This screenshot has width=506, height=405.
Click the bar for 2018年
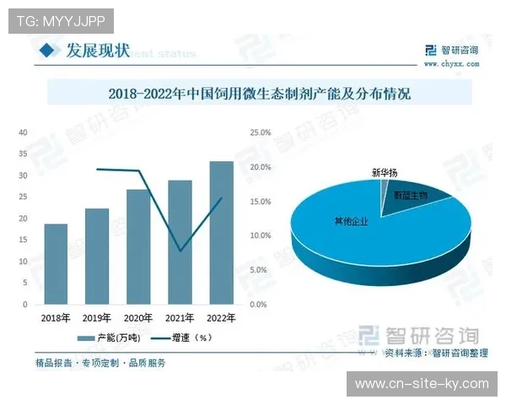pos(56,263)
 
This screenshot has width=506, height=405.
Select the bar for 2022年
pos(221,232)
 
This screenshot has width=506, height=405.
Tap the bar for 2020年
pos(138,246)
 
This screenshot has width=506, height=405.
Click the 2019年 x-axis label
pos(97,317)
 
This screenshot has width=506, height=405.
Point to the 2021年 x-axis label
pos(180,317)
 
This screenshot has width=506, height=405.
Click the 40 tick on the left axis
pos(24,132)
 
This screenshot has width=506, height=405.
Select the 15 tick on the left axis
pos(24,240)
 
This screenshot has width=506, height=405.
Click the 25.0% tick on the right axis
pos(259,132)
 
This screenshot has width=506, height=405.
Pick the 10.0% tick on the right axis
pos(259,235)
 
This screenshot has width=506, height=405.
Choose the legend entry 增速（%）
pos(180,337)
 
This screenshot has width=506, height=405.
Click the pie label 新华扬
pos(384,173)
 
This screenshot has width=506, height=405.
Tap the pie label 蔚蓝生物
pos(410,195)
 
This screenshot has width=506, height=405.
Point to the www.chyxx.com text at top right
pos(451,63)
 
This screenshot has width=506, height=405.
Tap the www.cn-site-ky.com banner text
pos(422,384)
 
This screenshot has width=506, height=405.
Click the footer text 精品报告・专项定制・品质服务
pos(100,363)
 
